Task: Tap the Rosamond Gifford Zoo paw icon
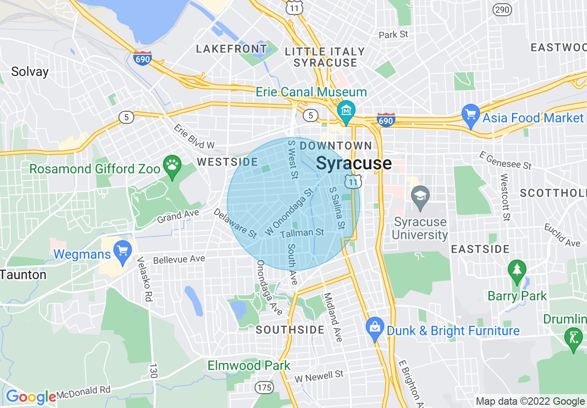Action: (x=172, y=165)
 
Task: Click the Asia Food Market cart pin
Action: (x=471, y=115)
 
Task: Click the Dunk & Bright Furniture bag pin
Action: (x=375, y=328)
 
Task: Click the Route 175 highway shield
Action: (x=263, y=386)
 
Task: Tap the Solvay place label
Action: (x=30, y=72)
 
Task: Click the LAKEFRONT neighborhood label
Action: (x=231, y=49)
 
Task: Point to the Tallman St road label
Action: (x=302, y=233)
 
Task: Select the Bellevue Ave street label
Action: (x=179, y=259)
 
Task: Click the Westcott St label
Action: (x=506, y=197)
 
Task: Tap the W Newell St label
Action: (x=320, y=376)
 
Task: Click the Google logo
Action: (x=31, y=397)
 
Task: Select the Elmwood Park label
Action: (x=249, y=365)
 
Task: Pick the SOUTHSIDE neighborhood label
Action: (x=290, y=330)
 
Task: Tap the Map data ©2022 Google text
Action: (x=530, y=402)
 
